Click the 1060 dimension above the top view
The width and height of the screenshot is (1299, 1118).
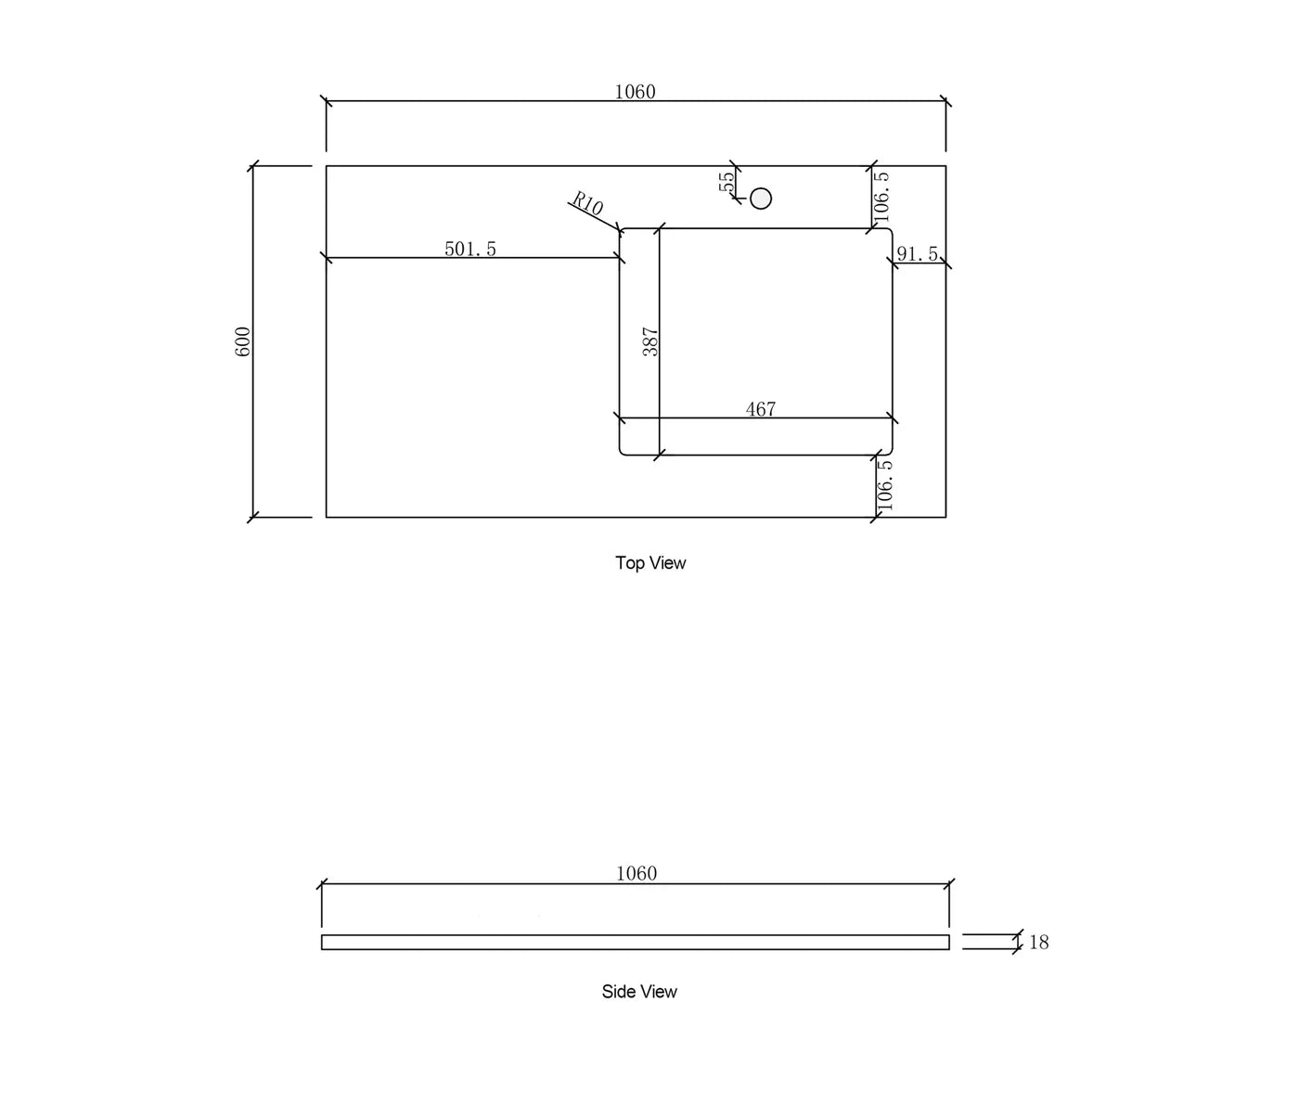point(635,93)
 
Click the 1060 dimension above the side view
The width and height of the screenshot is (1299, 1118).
point(636,874)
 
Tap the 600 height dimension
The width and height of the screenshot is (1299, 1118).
point(242,341)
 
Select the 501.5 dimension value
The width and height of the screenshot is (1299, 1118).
point(470,249)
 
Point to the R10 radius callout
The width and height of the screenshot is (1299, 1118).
point(587,203)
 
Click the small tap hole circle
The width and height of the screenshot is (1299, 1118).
point(761,199)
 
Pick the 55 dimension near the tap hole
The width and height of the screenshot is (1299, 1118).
point(727,182)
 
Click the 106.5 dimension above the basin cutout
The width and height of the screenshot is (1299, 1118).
point(881,197)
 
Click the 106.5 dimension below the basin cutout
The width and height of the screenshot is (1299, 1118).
point(884,484)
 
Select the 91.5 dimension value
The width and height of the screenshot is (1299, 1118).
point(918,254)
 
